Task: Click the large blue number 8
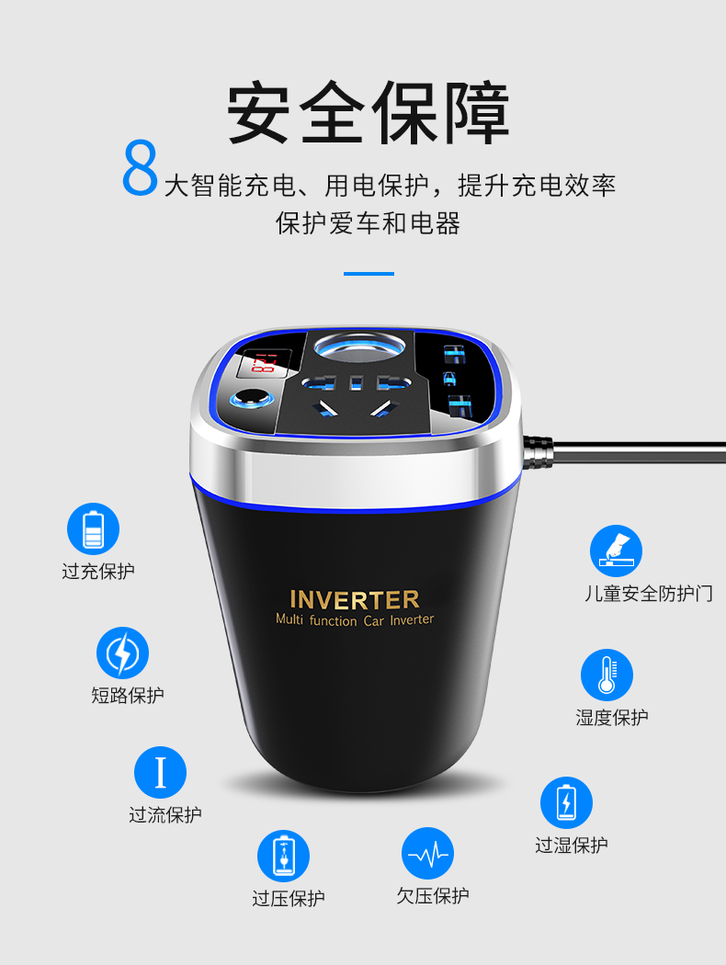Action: click(x=141, y=167)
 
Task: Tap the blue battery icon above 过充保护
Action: click(x=93, y=528)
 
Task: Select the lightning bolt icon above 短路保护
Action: click(x=122, y=653)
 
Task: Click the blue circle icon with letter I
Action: click(x=160, y=772)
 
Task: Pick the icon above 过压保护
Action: click(x=283, y=856)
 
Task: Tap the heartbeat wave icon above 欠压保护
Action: click(x=427, y=854)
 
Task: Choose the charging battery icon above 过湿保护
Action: click(x=567, y=802)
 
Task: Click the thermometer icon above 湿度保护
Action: click(x=607, y=675)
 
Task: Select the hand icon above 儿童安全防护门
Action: click(x=616, y=551)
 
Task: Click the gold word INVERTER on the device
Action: click(x=355, y=599)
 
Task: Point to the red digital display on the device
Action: click(x=264, y=364)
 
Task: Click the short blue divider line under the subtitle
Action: click(x=369, y=273)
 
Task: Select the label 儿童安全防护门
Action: click(x=649, y=594)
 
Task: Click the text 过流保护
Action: click(x=164, y=814)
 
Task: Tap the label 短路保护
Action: click(x=128, y=695)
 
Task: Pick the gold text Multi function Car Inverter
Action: click(x=355, y=619)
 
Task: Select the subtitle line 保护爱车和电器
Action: click(x=368, y=222)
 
